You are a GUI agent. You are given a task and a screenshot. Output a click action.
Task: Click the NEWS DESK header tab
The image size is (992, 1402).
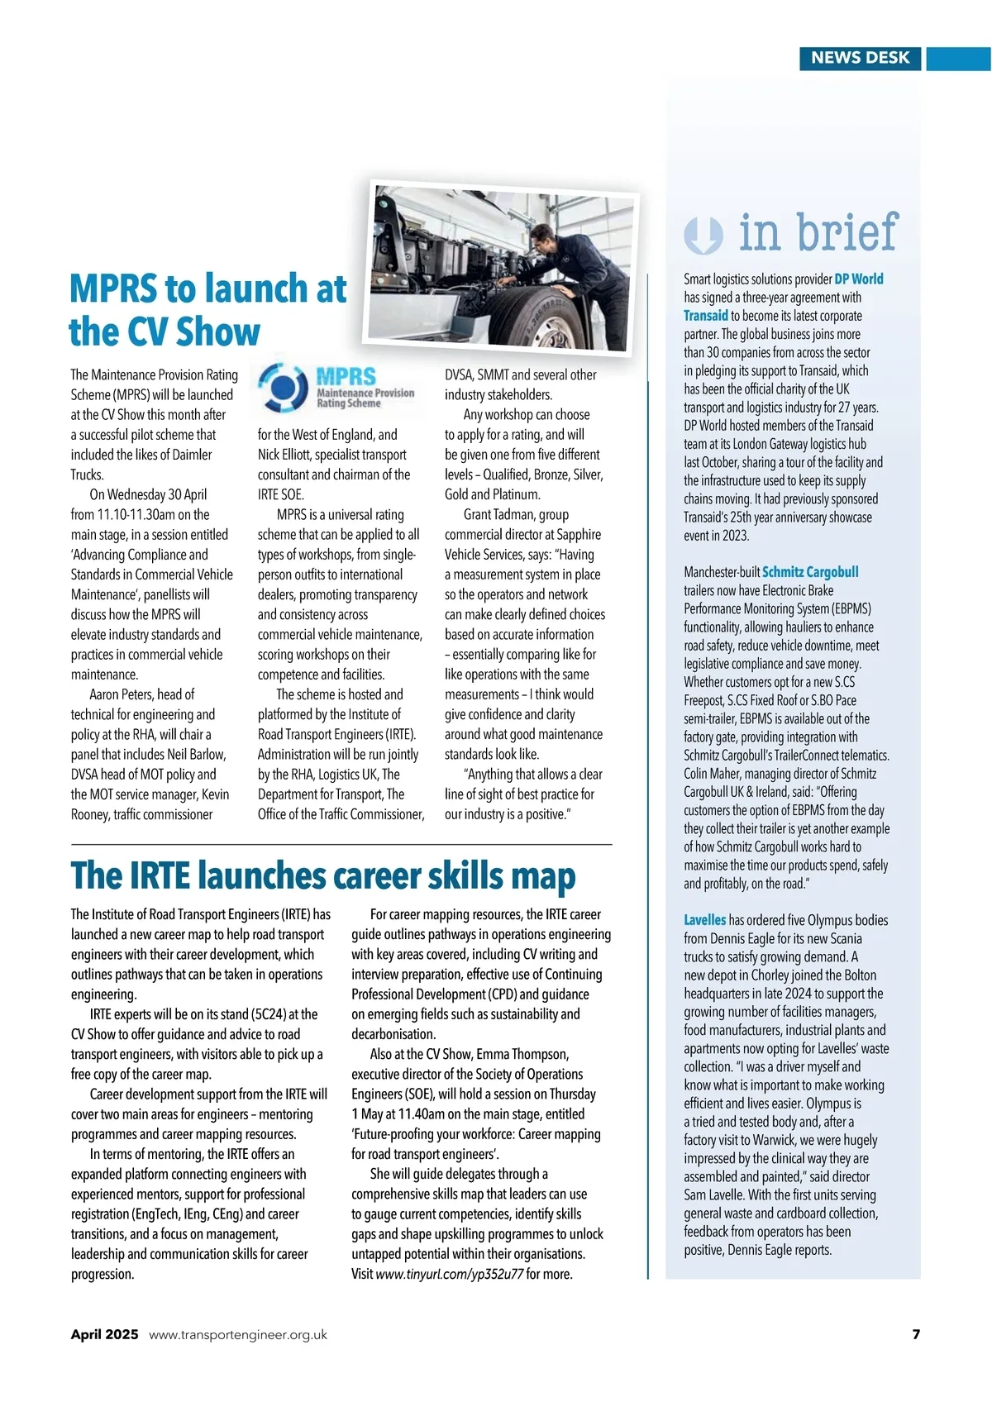click(x=860, y=58)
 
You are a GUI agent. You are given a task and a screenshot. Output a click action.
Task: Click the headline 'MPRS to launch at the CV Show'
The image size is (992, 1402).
click(x=207, y=310)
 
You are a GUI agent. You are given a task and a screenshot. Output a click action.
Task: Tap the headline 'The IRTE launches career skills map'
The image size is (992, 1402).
click(x=323, y=876)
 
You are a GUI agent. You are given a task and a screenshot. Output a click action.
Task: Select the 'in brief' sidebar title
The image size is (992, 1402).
click(x=818, y=232)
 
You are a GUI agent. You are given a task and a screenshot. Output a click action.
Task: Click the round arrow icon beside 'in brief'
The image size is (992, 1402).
click(x=703, y=235)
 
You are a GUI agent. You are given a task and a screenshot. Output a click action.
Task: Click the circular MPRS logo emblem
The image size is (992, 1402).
click(x=284, y=387)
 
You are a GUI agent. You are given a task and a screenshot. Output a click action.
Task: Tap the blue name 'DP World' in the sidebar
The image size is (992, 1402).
click(x=859, y=279)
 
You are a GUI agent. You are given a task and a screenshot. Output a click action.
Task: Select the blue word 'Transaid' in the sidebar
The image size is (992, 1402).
click(x=706, y=316)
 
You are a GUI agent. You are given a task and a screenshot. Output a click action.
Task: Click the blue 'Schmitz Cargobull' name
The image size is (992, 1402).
click(x=810, y=572)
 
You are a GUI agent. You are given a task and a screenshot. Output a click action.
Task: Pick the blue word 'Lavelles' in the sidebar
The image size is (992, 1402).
click(x=704, y=920)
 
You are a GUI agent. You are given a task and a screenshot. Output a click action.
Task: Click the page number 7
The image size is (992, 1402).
click(x=915, y=1334)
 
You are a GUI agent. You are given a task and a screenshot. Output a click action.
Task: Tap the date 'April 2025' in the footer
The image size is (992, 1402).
click(x=104, y=1334)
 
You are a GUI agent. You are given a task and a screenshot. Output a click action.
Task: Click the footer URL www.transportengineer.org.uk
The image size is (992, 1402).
click(x=238, y=1334)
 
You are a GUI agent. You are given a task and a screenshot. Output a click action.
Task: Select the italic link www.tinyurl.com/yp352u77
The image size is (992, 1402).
click(x=449, y=1274)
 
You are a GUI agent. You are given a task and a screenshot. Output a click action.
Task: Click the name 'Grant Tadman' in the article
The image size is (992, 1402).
click(x=498, y=514)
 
